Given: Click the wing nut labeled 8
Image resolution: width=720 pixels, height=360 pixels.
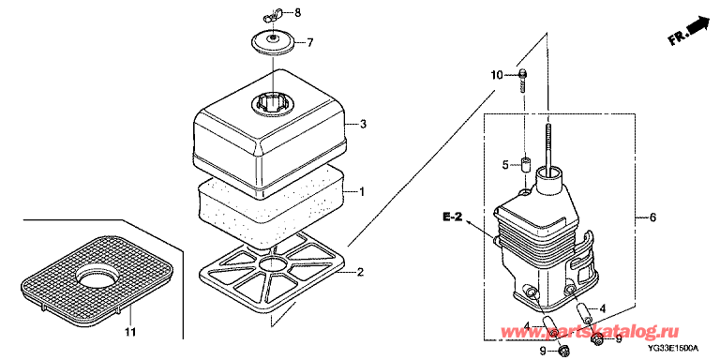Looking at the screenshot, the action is coord(271,18).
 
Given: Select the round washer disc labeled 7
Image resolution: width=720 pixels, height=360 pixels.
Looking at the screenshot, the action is coord(274,43).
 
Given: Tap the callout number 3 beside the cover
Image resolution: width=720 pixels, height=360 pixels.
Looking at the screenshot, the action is coord(363,125).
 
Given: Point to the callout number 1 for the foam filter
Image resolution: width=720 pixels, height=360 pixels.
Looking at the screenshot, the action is coord(361,191).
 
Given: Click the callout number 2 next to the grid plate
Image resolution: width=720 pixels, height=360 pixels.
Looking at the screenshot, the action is coord(360,273).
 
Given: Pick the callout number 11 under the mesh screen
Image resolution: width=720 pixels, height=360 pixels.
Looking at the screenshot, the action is coord(131,331).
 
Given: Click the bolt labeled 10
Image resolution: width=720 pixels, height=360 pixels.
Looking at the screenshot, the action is coord(522,82).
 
